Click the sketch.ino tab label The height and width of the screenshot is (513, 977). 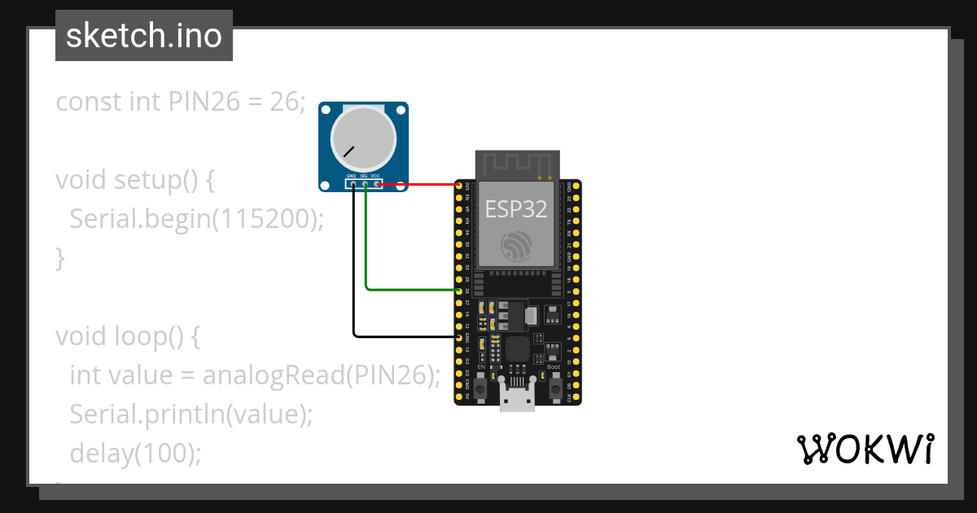point(144,36)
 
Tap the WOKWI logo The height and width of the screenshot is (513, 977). point(865,449)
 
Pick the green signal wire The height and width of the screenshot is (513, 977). point(367,244)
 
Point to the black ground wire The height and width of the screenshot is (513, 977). point(354,269)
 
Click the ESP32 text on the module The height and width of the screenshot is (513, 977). point(516,209)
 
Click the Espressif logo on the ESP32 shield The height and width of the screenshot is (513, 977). point(517,246)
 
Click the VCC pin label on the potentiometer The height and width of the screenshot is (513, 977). point(375,176)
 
